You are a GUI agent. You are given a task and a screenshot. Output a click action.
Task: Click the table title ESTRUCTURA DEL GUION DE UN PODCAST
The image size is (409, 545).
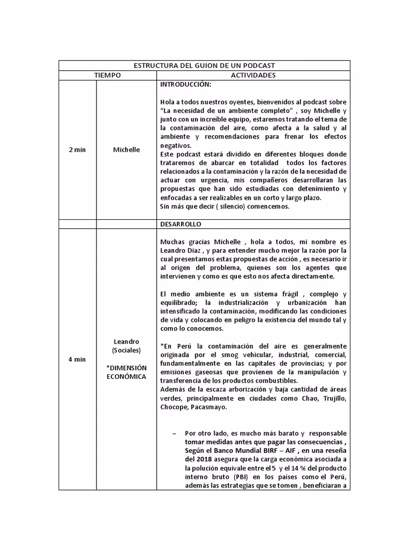click(x=204, y=65)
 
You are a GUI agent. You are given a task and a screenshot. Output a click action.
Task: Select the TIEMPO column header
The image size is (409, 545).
click(x=108, y=76)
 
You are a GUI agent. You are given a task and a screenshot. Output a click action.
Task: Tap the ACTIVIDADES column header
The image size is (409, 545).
click(x=253, y=76)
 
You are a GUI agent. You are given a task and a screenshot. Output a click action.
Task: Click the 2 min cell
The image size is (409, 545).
click(x=77, y=150)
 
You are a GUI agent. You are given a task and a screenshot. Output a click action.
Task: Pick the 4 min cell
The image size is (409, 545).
click(x=77, y=359)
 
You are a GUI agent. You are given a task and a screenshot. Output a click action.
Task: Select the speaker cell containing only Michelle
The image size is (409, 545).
click(x=126, y=150)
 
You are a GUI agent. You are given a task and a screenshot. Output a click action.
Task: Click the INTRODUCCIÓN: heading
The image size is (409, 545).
click(x=185, y=85)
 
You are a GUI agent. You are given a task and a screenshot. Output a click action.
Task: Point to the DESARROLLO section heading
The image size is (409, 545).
click(x=181, y=224)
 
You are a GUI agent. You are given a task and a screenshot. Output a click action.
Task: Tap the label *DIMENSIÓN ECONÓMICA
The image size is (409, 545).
click(x=126, y=372)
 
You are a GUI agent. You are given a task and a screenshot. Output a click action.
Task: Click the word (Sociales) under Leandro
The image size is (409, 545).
click(x=126, y=350)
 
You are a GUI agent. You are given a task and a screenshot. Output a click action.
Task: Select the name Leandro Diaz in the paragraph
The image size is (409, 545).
click(x=181, y=251)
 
